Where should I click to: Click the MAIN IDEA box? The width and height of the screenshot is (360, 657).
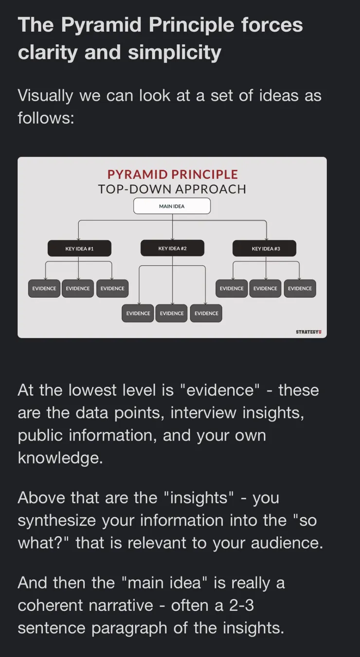click(172, 206)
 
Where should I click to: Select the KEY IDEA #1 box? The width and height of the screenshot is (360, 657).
click(79, 249)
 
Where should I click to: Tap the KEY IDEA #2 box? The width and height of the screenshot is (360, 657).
click(173, 248)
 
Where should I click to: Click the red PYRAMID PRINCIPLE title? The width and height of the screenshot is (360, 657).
click(173, 175)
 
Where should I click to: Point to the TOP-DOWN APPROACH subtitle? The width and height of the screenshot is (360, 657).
click(172, 189)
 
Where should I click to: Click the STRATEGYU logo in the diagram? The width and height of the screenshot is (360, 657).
click(308, 332)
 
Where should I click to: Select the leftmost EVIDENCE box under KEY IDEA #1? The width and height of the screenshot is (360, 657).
click(44, 288)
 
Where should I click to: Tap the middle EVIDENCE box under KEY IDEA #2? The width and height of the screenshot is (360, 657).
click(172, 313)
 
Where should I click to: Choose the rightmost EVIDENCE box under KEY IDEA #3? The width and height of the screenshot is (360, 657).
click(300, 288)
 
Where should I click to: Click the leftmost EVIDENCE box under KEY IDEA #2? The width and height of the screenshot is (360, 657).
click(138, 313)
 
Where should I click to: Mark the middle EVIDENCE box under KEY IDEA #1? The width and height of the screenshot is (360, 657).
click(78, 288)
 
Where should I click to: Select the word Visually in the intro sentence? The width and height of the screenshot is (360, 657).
click(45, 96)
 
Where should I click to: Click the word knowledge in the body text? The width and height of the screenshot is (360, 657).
click(60, 458)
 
